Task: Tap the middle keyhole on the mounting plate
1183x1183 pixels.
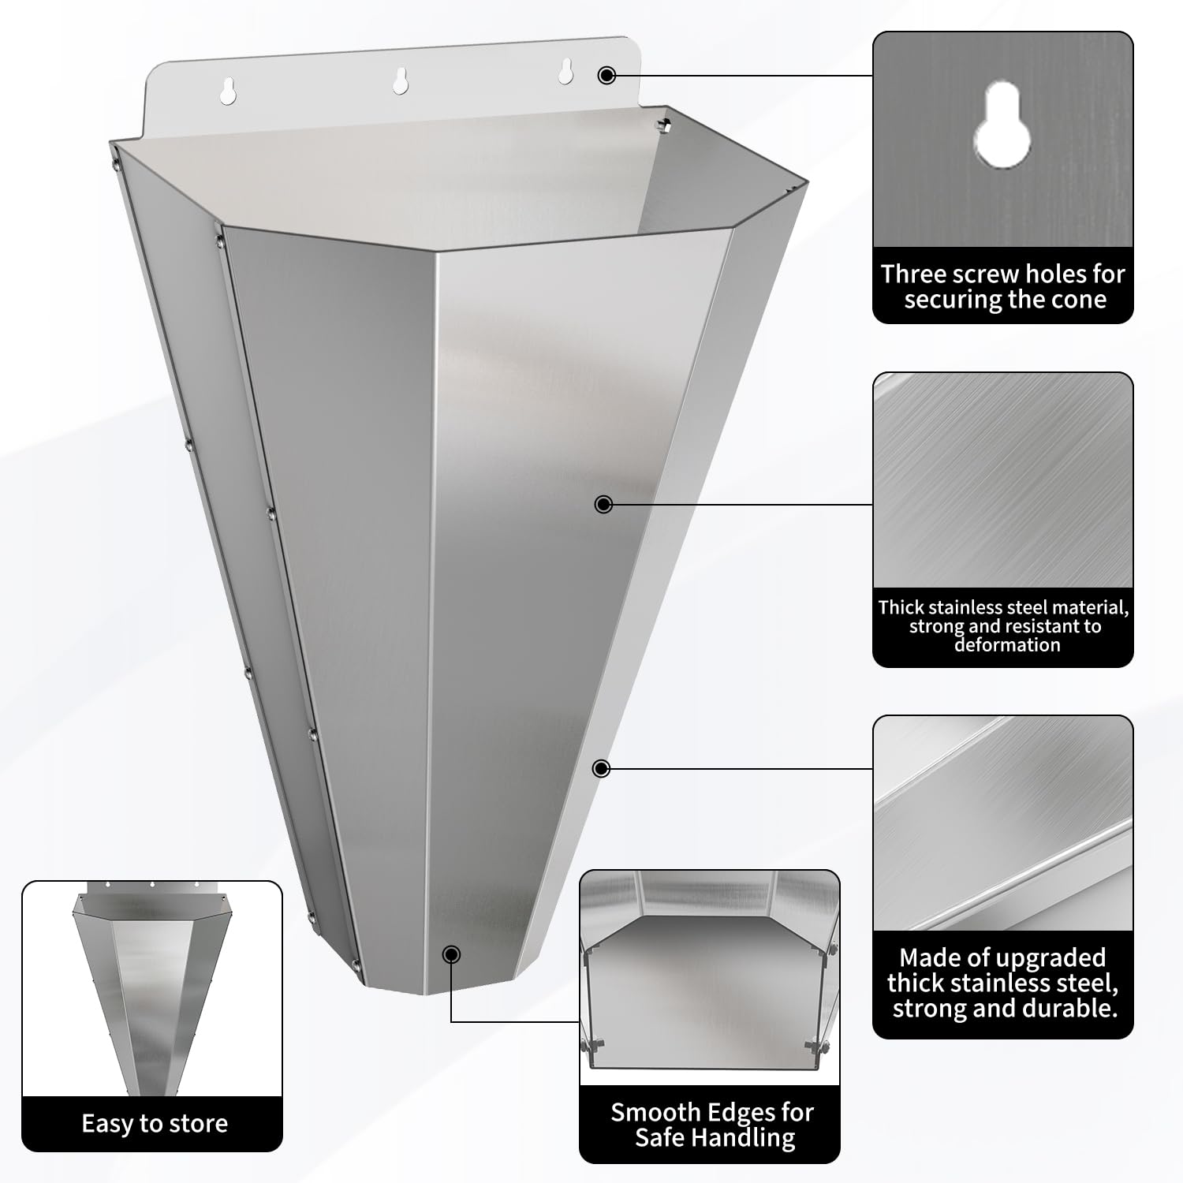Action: [x=401, y=80]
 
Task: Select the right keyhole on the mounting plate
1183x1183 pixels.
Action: [x=565, y=71]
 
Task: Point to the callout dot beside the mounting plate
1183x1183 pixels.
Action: [x=606, y=75]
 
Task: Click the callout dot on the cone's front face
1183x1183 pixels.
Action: [x=603, y=504]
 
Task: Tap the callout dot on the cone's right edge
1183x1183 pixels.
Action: [x=601, y=768]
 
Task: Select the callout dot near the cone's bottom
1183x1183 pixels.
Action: [x=451, y=954]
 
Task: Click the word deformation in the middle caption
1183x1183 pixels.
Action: [x=1006, y=645]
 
